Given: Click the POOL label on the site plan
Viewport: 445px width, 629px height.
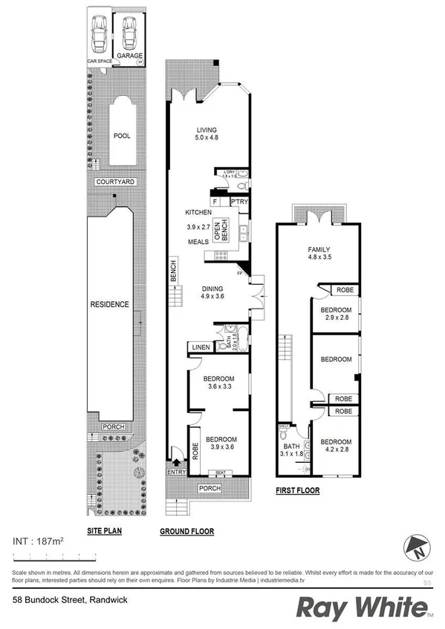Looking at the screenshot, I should tap(121, 136).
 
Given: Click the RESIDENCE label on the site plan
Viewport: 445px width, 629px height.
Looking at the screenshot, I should tap(110, 304).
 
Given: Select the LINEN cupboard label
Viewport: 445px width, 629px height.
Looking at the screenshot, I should tap(200, 346).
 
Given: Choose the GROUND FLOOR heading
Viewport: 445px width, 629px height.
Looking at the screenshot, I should tap(187, 531).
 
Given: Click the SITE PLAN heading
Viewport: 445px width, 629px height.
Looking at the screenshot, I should tap(105, 531).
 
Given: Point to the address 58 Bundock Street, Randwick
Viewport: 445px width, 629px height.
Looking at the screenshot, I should tap(65, 599).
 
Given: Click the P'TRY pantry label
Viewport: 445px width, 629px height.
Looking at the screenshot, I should tap(239, 201).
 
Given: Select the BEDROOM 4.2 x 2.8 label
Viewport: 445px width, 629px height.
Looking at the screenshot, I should tap(336, 446).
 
